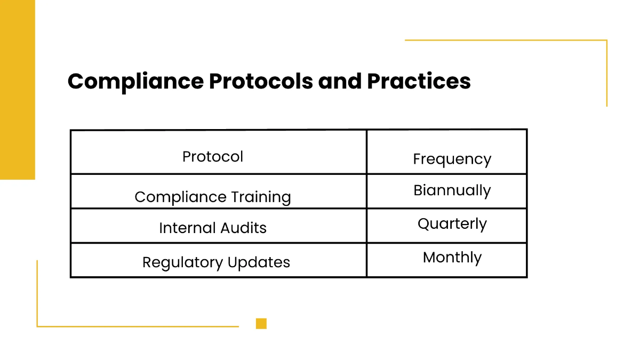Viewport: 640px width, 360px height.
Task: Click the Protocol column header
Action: pos(213,157)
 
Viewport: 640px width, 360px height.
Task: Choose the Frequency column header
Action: pos(452,159)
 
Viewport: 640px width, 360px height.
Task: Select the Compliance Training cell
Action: pos(213,197)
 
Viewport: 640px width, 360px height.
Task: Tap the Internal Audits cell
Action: pos(213,228)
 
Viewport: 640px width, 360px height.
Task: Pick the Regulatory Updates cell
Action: pos(216,262)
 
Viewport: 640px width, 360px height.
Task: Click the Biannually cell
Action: pos(452,190)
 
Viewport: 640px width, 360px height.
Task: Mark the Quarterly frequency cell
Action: pos(452,224)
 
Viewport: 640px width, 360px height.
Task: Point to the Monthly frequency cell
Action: pos(452,258)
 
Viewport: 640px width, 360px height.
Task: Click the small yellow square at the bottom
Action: pos(261,323)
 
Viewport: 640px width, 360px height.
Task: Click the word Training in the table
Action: pos(261,197)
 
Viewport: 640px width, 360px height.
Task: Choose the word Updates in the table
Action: pos(259,262)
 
